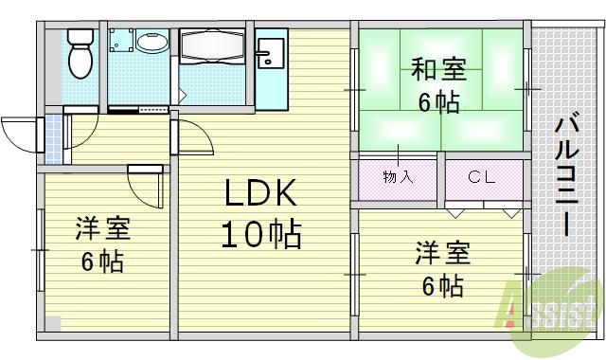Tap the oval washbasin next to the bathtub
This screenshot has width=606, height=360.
coord(151,43)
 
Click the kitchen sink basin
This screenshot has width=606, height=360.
coord(268,52)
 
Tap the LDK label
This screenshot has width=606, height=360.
coord(260,195)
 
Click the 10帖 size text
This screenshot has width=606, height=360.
coord(260,232)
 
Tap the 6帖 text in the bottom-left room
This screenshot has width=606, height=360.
coord(101,261)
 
